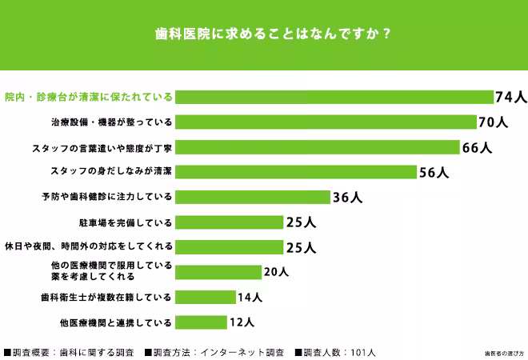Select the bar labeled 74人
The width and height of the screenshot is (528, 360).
point(334,97)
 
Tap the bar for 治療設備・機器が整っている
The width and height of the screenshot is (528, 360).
point(326,122)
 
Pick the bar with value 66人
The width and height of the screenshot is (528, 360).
point(318,147)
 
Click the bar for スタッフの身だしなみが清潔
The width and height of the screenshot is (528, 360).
point(296,172)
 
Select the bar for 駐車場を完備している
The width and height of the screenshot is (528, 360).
point(230,222)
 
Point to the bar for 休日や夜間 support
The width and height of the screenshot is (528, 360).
point(230,246)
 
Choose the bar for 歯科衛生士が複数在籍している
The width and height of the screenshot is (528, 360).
point(206,297)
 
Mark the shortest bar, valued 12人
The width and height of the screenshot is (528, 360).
point(201,322)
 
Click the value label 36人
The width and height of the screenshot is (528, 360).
point(347,197)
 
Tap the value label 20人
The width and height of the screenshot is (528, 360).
point(275,272)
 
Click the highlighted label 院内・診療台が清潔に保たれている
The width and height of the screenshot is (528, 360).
point(88,98)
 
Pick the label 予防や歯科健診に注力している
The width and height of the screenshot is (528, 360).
point(106,197)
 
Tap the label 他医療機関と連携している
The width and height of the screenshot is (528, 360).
point(115,322)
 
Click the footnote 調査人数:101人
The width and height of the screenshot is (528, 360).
point(335,351)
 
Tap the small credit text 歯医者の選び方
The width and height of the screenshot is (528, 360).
point(502,352)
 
